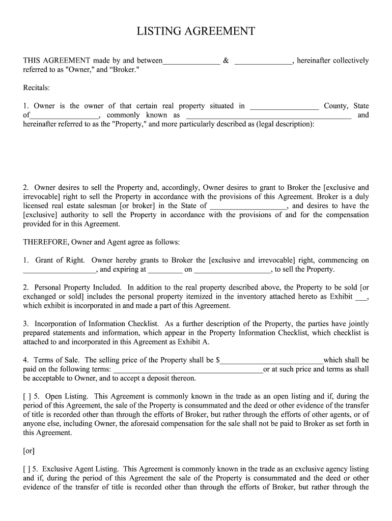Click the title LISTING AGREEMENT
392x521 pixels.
pos(195,32)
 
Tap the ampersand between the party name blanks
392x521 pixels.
pos(226,61)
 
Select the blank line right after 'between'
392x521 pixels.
pos(191,62)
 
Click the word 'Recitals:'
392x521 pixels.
pos(37,88)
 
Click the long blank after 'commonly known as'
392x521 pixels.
pos(268,117)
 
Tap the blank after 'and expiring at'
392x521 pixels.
pos(165,271)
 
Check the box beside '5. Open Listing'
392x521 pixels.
pos(26,396)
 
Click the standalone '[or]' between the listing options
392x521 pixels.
pos(29,451)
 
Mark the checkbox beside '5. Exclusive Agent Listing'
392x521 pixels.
pos(26,469)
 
